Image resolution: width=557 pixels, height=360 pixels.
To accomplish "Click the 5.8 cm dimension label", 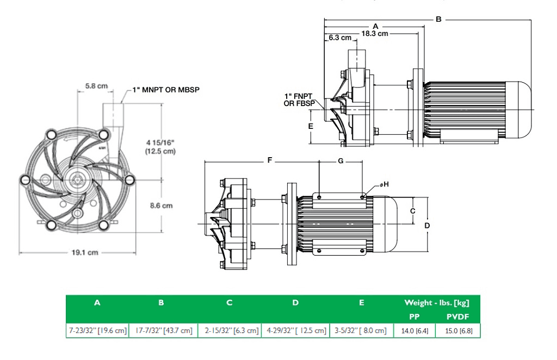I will pos(96,86).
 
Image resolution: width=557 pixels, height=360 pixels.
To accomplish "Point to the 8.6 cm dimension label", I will pos(161,206).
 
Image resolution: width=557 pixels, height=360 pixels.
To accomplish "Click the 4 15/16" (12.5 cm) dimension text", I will pos(160,147).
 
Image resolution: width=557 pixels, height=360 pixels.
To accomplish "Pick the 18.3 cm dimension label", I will pos(375,33).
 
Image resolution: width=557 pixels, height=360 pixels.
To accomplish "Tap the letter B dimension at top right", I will pos(438,19).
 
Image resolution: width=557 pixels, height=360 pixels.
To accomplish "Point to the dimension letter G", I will pos(341,161).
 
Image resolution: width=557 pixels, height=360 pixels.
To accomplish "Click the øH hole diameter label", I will pos(385,185).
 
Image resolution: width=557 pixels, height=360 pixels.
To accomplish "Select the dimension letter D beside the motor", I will pos(427,225).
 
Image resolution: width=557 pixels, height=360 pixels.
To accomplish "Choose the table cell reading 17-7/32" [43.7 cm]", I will pos(161,331).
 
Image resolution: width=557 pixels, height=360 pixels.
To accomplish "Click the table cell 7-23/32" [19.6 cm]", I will pos(97,331).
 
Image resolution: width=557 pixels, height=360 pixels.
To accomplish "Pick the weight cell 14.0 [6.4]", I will pos(414,331).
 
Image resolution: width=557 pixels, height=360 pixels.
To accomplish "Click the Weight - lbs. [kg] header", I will pos(436,303).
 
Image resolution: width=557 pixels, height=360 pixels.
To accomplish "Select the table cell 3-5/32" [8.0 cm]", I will pos(361,331).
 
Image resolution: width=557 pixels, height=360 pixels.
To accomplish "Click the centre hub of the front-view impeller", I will pos(77,179).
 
